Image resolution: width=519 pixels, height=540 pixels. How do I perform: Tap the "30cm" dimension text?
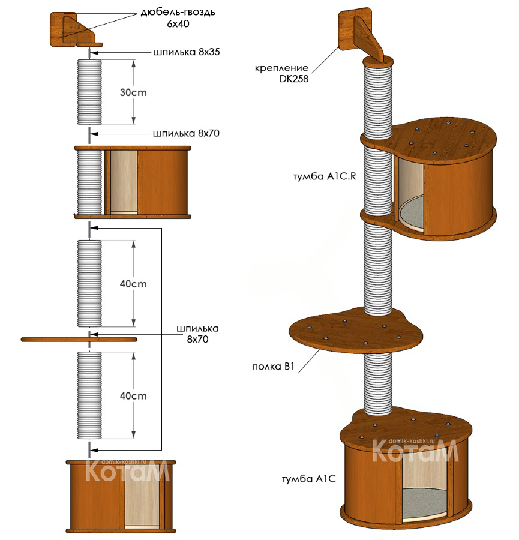134,93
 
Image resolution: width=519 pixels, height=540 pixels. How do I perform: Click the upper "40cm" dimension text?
133,283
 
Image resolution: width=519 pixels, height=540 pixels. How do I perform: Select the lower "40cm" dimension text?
133,396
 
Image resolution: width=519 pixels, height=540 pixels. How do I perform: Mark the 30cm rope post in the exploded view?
89,91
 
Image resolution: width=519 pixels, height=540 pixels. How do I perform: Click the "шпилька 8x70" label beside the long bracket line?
198,334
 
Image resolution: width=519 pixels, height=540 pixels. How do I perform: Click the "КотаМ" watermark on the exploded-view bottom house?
127,471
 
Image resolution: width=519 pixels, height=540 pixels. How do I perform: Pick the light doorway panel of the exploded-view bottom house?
142,494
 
